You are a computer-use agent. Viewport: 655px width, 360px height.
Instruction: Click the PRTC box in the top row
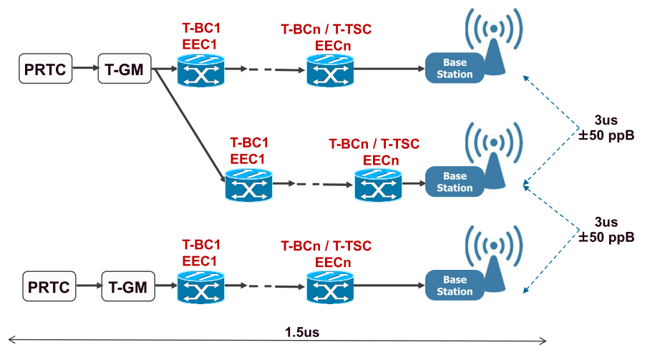[46, 69]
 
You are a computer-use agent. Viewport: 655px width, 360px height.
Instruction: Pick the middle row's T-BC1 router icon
[248, 185]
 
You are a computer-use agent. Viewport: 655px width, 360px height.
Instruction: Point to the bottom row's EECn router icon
[331, 288]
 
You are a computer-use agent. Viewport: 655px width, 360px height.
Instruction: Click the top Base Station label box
[455, 69]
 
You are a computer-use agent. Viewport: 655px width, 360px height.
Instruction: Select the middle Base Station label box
[455, 182]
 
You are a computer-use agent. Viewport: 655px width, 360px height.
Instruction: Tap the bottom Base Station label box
[455, 286]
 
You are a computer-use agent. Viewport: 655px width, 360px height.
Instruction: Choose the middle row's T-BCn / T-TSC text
[374, 144]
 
